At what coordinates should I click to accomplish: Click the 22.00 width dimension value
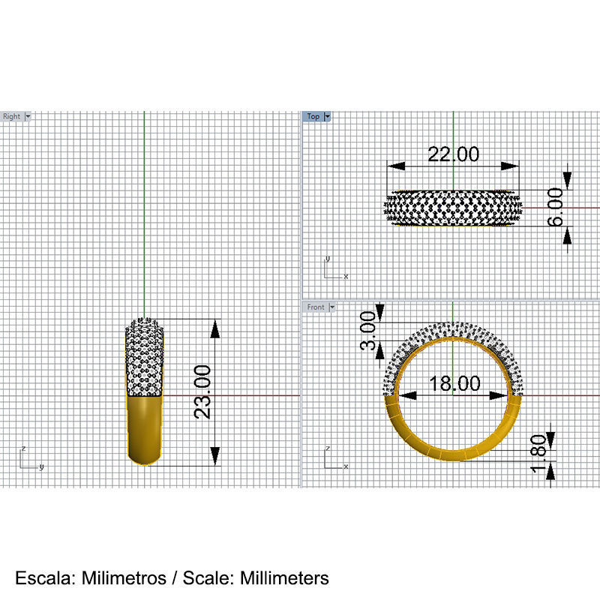pos(453,154)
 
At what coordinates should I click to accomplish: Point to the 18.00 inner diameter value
pos(454,383)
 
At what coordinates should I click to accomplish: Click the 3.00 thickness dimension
pos(367,331)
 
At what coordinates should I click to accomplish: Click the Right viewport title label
pos(12,116)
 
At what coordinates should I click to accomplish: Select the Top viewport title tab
pos(313,116)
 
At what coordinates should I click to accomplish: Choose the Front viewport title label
pos(316,307)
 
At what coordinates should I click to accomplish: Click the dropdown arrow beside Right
pos(28,116)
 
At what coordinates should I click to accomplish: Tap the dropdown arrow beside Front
pos(332,307)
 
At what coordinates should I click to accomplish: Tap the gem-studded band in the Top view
pos(453,207)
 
